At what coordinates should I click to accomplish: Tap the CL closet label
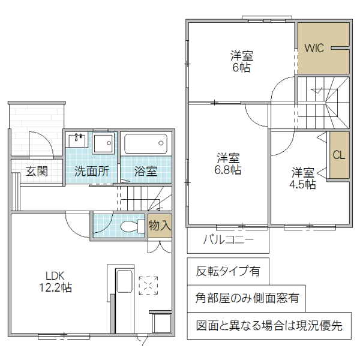point(339,155)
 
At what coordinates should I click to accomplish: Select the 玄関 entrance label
point(36,170)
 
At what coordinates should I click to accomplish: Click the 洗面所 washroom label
point(91,170)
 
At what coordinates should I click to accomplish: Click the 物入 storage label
point(160,226)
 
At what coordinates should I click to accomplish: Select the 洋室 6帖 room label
point(242,62)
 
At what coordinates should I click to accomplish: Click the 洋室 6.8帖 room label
point(229,164)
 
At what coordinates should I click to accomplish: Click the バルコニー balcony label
point(227,240)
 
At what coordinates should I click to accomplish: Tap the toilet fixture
point(130,227)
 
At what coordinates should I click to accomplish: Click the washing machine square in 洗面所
point(103,144)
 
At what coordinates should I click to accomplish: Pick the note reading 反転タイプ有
point(228,271)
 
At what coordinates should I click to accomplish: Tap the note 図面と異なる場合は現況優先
point(269,326)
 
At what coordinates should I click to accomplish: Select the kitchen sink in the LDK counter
point(125,284)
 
